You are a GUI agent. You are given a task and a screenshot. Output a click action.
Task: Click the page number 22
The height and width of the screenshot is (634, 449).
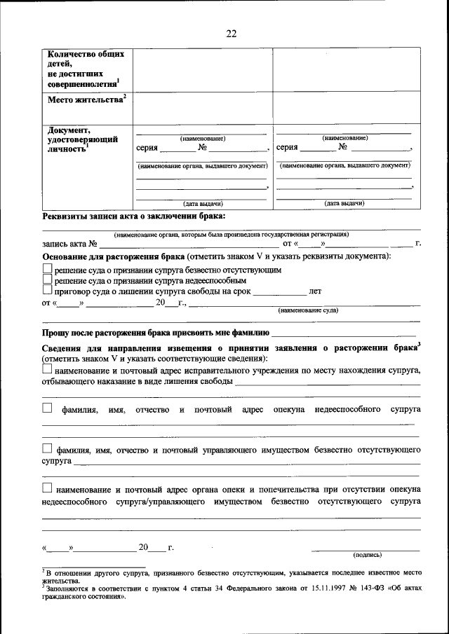coord(232,33)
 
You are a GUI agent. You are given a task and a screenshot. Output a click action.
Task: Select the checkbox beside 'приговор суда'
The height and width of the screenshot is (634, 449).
coord(47,290)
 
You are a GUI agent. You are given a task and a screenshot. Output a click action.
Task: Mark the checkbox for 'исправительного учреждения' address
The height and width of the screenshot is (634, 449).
coord(47,369)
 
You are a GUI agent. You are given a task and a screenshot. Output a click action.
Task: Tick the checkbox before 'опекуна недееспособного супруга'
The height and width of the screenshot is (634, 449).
coord(47,407)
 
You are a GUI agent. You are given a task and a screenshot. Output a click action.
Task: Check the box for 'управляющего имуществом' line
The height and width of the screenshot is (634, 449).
coord(47,448)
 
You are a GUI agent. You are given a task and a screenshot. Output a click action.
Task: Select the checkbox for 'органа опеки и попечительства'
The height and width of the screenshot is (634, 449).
coord(47,488)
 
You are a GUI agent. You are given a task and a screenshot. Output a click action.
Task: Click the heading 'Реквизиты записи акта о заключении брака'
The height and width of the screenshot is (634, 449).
coord(134,217)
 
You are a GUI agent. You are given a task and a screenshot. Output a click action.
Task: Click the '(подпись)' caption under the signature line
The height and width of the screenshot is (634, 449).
coord(368,554)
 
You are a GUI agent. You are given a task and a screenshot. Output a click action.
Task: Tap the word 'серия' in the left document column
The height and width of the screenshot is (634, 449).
coord(147,148)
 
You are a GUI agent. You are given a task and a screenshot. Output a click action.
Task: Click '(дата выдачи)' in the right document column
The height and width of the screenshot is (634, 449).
coord(344,203)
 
